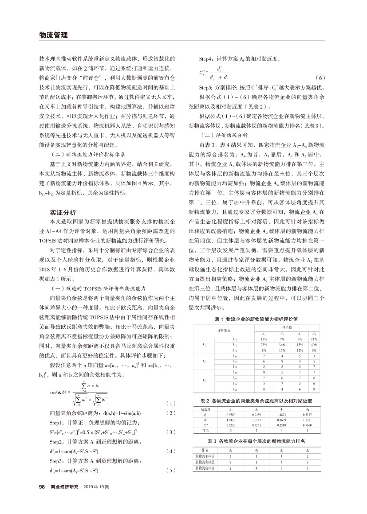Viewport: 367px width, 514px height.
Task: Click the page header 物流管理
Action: click(52, 35)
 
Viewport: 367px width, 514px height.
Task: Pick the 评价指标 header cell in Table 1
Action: click(224, 331)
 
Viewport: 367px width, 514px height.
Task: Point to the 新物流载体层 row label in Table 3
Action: click(205, 467)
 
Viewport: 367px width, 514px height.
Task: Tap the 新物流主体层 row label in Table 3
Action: click(205, 456)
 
